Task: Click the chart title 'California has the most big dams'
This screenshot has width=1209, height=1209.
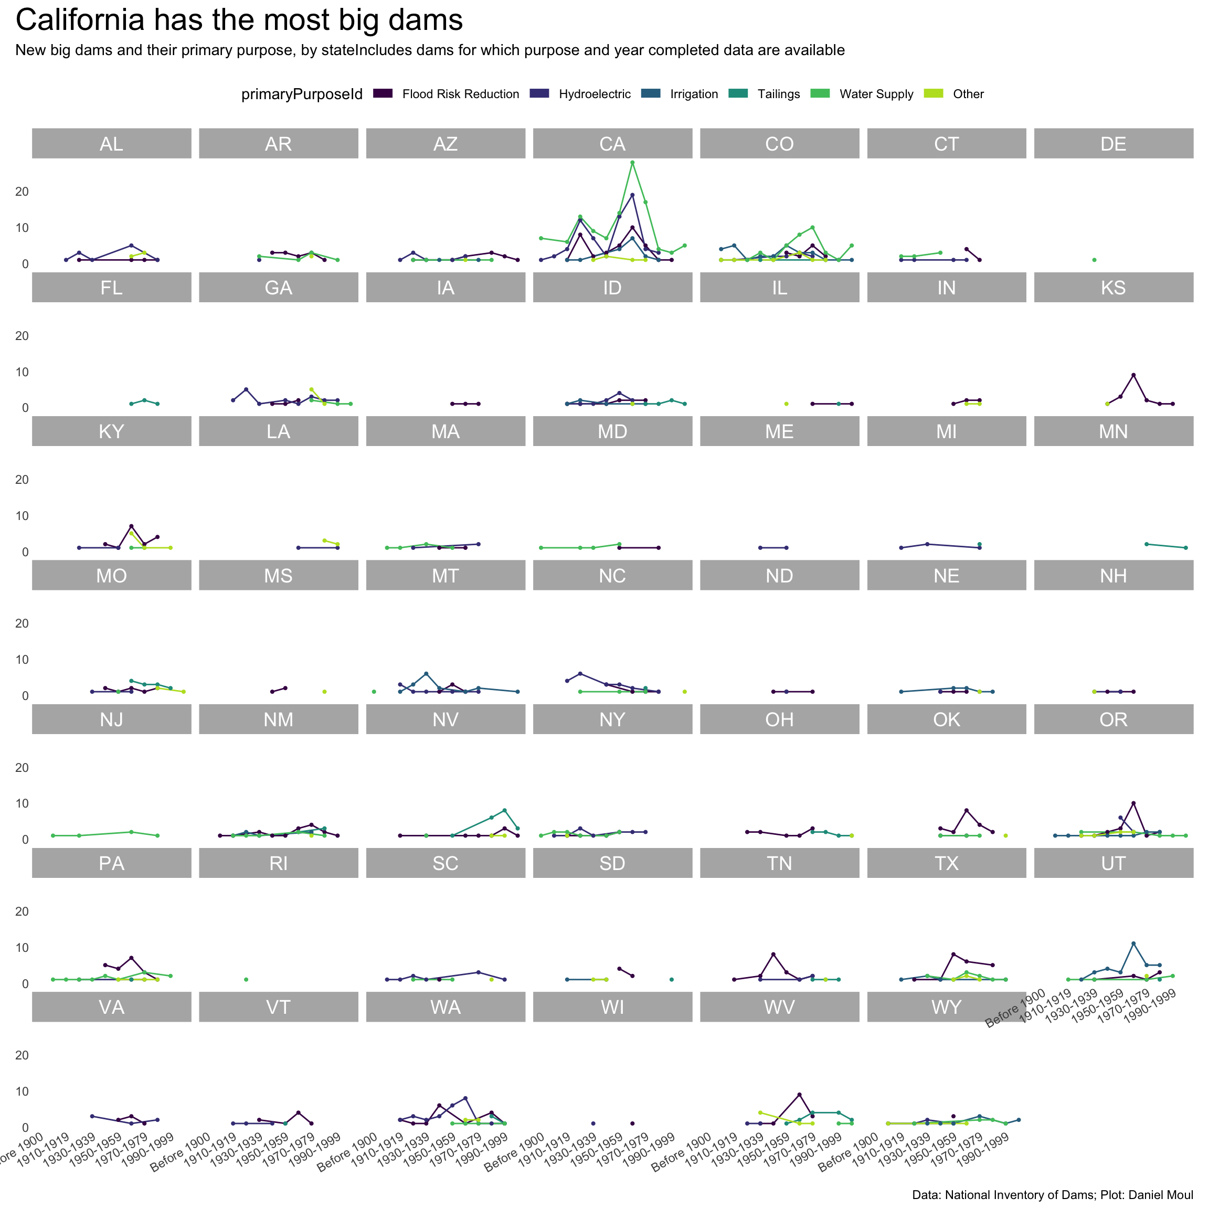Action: point(239,20)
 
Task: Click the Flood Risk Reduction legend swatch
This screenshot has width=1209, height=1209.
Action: point(383,94)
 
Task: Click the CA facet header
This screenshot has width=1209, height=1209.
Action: point(612,144)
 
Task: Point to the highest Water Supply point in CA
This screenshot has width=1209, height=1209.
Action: point(632,163)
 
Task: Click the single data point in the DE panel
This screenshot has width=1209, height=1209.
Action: point(1094,260)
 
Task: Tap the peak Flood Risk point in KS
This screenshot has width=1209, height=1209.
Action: point(1133,375)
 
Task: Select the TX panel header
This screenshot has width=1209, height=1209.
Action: point(946,864)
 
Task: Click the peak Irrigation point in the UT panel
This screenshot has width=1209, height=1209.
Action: point(1133,943)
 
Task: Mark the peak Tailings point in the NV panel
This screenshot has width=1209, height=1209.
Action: point(504,810)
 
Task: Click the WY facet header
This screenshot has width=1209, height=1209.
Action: point(946,1008)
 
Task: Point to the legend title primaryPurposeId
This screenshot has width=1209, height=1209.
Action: point(302,94)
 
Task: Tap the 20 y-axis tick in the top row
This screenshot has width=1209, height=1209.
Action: point(22,192)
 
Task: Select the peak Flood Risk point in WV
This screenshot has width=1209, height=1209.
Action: point(799,1095)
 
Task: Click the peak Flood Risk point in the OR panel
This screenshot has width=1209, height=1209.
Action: point(1133,803)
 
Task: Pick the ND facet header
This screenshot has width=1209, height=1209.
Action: point(779,576)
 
